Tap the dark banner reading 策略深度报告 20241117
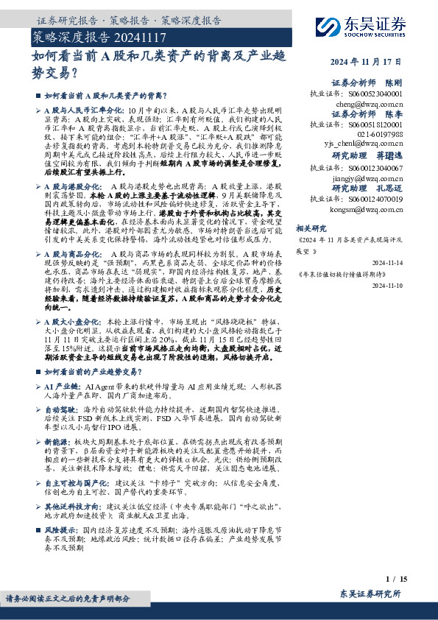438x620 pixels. (x=101, y=36)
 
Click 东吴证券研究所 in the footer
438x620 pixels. (x=370, y=593)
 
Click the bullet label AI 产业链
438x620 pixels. (x=61, y=385)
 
